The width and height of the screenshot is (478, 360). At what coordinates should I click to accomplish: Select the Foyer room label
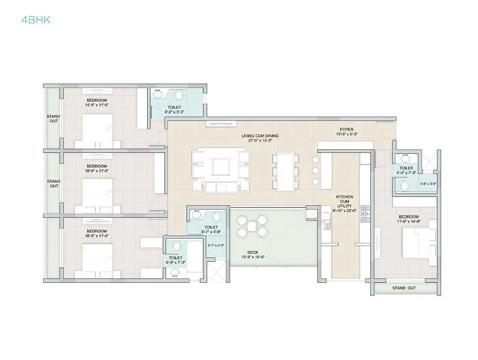[347, 129]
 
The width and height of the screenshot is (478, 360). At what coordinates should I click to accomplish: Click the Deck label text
[253, 252]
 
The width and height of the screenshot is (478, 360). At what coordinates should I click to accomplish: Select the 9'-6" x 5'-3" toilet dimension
[174, 112]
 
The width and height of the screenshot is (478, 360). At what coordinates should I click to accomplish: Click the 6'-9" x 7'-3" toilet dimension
[175, 263]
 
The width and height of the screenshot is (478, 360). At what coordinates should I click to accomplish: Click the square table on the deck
[252, 226]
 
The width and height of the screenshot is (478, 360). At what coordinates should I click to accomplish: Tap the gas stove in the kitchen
[365, 211]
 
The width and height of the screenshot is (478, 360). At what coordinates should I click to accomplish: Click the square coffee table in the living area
[219, 167]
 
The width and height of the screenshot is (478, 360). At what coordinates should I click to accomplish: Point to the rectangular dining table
[285, 171]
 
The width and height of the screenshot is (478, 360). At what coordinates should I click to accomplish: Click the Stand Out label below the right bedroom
[403, 288]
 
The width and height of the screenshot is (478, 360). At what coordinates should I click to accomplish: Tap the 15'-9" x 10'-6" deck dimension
[253, 257]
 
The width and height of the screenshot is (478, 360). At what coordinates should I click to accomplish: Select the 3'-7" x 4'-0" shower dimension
[216, 245]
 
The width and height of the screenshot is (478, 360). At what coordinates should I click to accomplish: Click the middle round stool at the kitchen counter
[315, 170]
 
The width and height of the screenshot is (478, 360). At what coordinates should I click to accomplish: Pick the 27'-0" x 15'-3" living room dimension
[260, 140]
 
